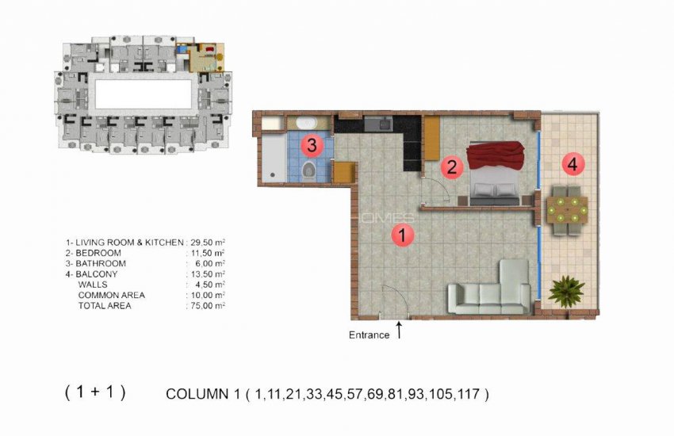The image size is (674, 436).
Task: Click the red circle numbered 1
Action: [403, 235]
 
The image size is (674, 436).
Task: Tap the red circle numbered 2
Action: [451, 167]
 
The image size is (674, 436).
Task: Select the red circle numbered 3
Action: [311, 144]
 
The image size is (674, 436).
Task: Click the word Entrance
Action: [369, 335]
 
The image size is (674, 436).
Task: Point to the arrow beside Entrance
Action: [399, 329]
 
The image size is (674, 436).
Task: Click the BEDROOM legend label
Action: [99, 253]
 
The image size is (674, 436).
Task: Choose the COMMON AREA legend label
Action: [110, 295]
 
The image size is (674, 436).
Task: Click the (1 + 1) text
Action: [94, 392]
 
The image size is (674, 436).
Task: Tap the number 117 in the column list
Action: [473, 393]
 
